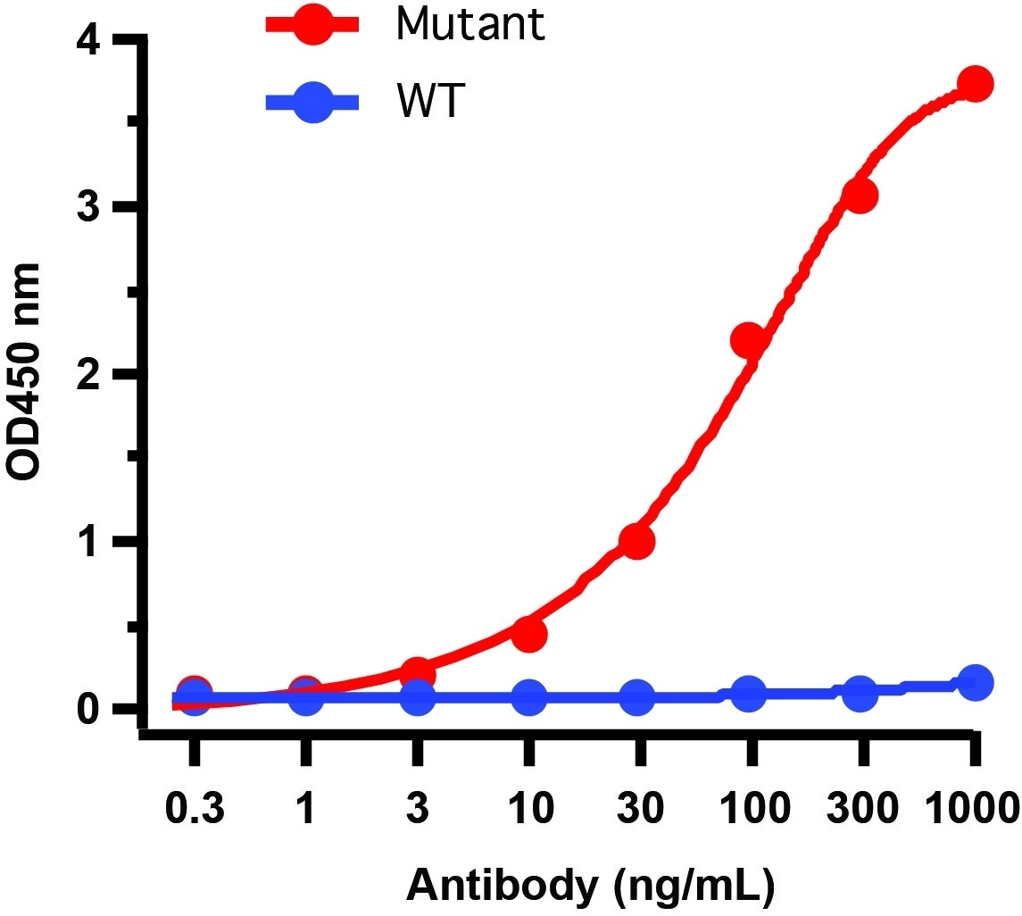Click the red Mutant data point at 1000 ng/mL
pos(975,84)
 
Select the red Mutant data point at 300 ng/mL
pos(860,196)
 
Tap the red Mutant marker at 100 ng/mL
pos(748,339)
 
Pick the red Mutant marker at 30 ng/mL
pos(637,541)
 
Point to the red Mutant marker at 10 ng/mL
pos(528,634)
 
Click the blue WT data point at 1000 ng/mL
pos(975,683)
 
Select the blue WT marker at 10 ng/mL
pos(528,697)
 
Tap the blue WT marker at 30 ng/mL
pos(637,697)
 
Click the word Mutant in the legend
pos(469,24)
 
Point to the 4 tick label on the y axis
pos(91,42)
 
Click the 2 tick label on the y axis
pos(91,376)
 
